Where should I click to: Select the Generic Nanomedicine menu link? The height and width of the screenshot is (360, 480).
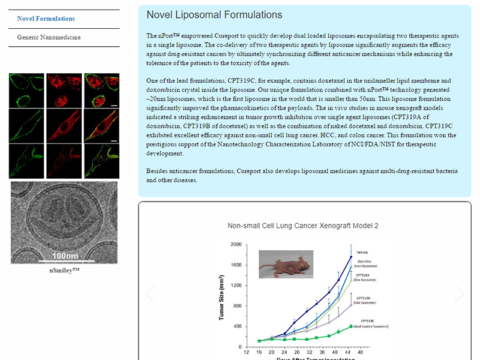(x=49, y=37)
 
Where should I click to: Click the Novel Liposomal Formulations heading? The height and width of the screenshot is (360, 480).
(x=214, y=14)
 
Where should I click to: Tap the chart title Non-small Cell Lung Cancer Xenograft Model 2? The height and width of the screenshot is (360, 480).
(x=302, y=226)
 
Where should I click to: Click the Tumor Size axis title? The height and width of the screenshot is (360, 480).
(x=221, y=296)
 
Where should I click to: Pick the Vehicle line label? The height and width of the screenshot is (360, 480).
(x=362, y=252)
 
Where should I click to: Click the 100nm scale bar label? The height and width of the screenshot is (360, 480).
(x=65, y=256)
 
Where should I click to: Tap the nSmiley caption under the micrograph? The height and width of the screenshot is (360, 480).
(x=64, y=270)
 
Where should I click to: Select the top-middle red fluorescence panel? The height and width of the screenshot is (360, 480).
(x=64, y=90)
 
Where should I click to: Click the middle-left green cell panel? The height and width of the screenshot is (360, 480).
(x=26, y=126)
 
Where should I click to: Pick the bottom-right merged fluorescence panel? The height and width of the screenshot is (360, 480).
(x=100, y=161)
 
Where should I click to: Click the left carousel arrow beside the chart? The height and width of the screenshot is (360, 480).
(x=151, y=294)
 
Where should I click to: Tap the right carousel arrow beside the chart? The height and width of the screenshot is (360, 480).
(x=459, y=294)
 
